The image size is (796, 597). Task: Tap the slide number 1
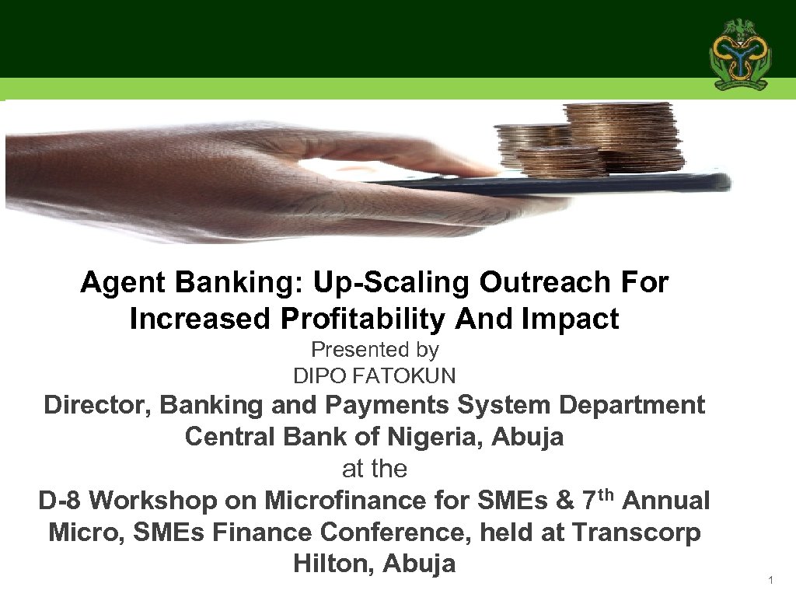click(770, 581)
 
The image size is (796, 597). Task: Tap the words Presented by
click(375, 351)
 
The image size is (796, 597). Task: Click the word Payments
click(403, 405)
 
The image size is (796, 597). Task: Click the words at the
click(375, 469)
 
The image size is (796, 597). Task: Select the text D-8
click(60, 501)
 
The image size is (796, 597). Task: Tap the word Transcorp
click(636, 532)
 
